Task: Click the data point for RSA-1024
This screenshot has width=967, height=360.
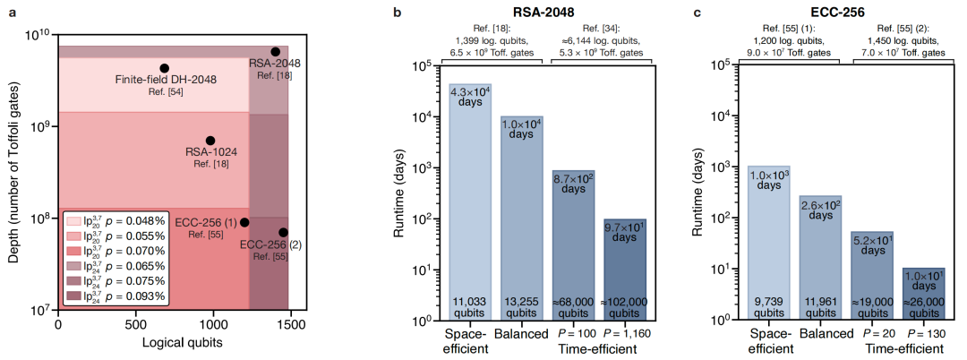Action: coord(210,141)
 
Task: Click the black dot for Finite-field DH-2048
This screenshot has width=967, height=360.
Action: coord(164,68)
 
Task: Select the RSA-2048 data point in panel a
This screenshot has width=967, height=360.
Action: coord(276,52)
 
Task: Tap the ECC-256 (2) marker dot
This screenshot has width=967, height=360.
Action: coord(283,232)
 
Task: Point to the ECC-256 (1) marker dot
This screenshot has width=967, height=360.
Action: coord(244,222)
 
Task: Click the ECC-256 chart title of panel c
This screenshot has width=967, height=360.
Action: coord(835,13)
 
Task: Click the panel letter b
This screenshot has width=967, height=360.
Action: coord(397,13)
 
